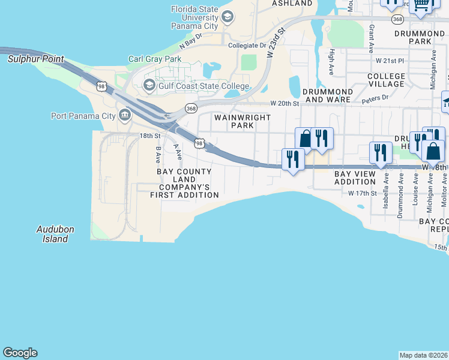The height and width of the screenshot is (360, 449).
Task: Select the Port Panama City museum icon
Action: (x=125, y=115)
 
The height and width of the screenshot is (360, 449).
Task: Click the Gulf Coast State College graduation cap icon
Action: (x=149, y=85)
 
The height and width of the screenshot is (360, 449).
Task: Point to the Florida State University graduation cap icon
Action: (x=227, y=17)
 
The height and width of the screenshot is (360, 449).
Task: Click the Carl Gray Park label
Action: (x=155, y=59)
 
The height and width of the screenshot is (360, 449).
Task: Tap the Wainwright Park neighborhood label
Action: (x=243, y=122)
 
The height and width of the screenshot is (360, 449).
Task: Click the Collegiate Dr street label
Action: (x=247, y=46)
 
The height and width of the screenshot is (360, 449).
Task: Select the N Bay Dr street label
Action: (x=191, y=40)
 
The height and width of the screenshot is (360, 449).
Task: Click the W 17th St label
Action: (x=362, y=193)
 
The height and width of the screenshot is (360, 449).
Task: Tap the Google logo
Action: (x=20, y=353)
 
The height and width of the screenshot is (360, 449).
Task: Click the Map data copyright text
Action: (x=424, y=355)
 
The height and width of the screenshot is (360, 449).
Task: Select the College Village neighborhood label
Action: (x=386, y=80)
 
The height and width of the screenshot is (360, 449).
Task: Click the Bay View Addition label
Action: (x=355, y=178)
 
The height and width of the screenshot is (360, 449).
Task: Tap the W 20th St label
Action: (x=285, y=103)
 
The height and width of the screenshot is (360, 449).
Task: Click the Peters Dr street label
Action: (x=377, y=97)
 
